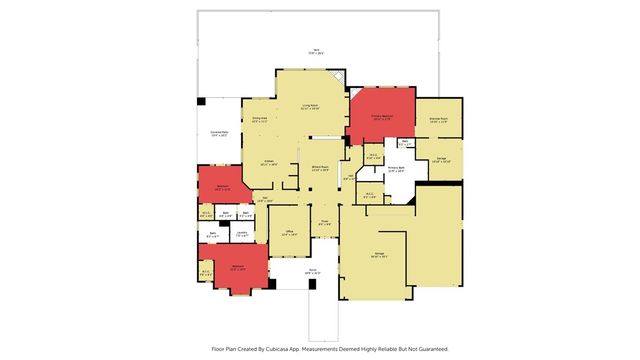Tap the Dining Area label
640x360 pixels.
pyautogui.click(x=259, y=120)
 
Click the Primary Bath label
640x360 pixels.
pyautogui.click(x=395, y=169)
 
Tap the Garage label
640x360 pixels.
pyautogui.click(x=379, y=256)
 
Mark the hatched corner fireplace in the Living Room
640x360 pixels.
pyautogui.click(x=339, y=78)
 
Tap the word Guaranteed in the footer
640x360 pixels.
pyautogui.click(x=427, y=349)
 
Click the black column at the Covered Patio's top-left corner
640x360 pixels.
pyautogui.click(x=201, y=101)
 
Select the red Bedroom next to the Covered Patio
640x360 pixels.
pyautogui.click(x=222, y=186)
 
